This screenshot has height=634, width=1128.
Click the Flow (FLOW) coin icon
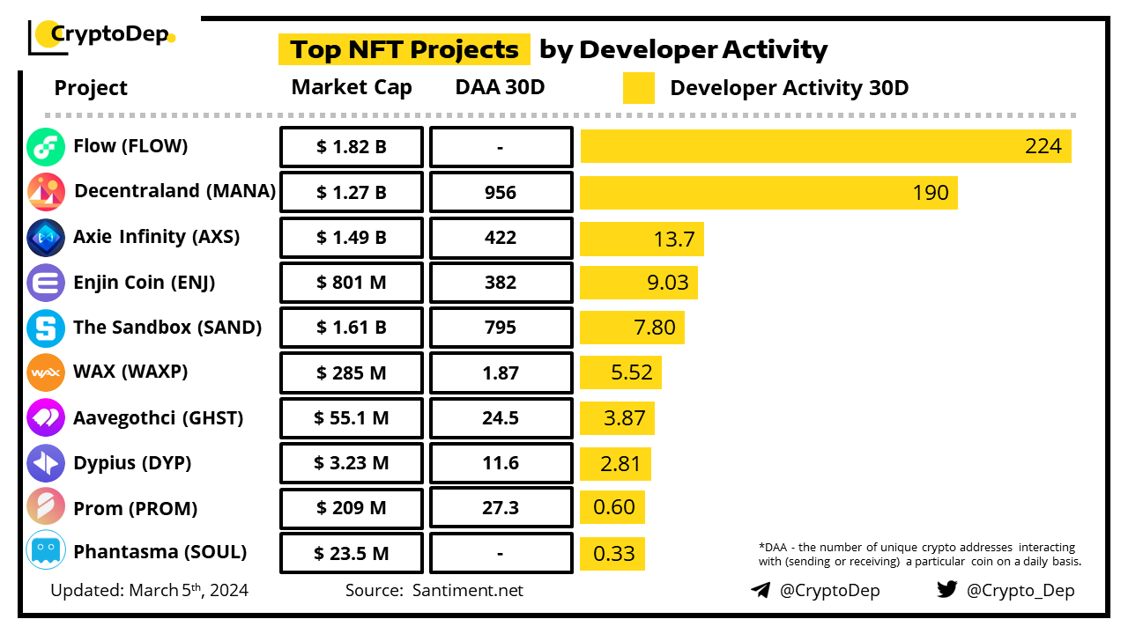[x=45, y=147]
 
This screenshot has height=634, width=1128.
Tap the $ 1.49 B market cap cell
[x=351, y=238]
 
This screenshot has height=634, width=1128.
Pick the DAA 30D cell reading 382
[x=501, y=283]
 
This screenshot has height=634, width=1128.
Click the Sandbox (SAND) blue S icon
[x=45, y=328]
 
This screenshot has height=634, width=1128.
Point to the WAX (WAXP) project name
[x=130, y=372]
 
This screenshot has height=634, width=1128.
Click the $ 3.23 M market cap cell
[x=351, y=463]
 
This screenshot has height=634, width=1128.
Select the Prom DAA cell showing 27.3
[x=501, y=508]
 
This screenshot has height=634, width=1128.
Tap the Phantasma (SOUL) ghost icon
[x=45, y=553]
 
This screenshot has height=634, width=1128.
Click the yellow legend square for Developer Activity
[x=638, y=88]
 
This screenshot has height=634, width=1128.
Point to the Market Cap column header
[x=352, y=87]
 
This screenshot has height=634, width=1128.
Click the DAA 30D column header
[x=501, y=87]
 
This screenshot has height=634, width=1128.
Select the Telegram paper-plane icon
[x=761, y=590]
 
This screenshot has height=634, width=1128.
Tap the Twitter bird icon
[x=947, y=590]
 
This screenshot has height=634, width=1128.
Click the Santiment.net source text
[x=467, y=591]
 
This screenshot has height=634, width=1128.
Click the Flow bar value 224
[x=1043, y=146]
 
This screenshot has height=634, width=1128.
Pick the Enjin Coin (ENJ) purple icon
[x=45, y=283]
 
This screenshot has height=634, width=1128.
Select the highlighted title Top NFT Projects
[x=404, y=49]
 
